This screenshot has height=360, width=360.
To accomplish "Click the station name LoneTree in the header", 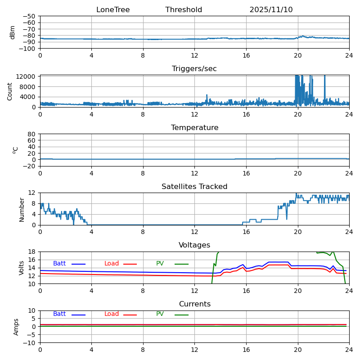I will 113,10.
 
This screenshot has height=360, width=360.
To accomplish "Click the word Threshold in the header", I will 184,10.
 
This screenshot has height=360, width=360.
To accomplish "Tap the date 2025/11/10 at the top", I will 271,10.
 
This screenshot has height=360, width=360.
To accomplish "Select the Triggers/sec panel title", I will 194,69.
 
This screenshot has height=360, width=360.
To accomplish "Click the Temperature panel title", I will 194,128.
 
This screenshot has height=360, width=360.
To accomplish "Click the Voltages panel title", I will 194,245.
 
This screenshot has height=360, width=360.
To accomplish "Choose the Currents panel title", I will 194,304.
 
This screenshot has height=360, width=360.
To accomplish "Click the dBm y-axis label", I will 13,32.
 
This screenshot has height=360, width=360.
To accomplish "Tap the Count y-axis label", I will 10,91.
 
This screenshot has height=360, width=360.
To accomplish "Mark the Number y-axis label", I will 22,209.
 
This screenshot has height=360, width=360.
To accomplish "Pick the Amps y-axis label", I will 16,327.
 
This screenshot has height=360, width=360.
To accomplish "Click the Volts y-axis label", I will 22,268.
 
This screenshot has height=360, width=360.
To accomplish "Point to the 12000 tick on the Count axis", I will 27,77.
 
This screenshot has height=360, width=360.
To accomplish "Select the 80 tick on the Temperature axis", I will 32,134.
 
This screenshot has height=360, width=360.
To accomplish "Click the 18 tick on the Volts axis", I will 32,252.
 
